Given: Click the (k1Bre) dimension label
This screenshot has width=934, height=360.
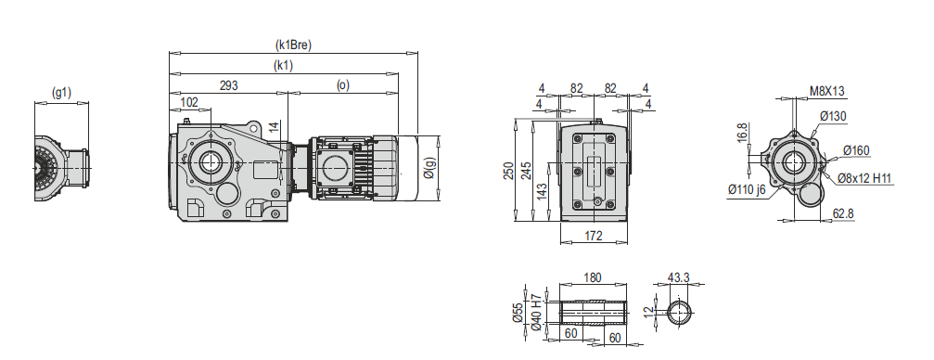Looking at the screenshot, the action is coord(293,45).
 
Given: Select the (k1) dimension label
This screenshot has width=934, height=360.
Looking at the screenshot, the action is coord(284,66).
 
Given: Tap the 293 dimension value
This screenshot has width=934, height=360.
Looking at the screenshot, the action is coord(229,85).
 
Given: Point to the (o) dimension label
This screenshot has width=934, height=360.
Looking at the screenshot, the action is coord(342,85).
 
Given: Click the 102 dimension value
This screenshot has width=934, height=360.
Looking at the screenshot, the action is coord(189,102).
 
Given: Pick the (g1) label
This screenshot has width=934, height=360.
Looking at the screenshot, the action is coord(61,93).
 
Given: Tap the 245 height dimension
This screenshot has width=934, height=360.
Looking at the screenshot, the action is coord(524,172).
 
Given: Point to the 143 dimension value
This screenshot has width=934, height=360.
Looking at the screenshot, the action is coord(542,192).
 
